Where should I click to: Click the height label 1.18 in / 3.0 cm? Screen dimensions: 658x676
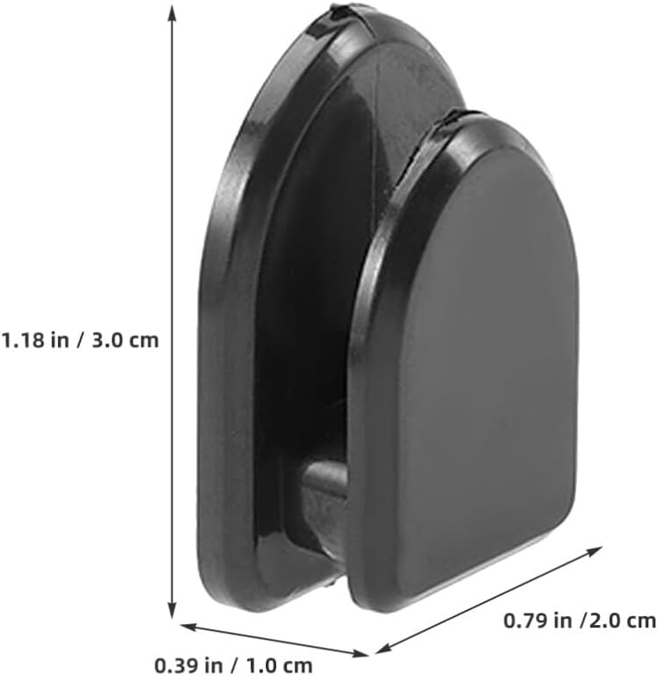80,340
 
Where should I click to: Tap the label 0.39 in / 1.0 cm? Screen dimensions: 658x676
233,665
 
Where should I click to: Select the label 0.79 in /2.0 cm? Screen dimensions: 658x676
580,621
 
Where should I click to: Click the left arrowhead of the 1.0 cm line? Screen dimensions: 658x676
189,626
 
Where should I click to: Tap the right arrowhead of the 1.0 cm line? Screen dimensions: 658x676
361,654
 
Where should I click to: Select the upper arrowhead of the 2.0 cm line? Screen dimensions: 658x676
593,551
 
